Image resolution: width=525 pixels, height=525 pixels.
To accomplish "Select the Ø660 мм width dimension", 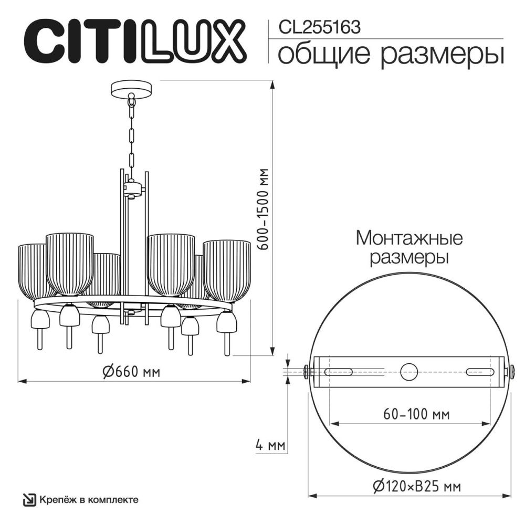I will pyautogui.click(x=131, y=372).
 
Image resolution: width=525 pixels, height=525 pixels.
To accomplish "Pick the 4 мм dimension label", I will pyautogui.click(x=269, y=446).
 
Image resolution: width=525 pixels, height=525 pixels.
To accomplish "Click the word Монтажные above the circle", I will pyautogui.click(x=409, y=239).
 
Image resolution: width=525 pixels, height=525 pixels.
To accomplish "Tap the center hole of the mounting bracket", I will pyautogui.click(x=409, y=371).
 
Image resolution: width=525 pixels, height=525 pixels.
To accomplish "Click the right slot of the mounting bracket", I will pyautogui.click(x=480, y=371).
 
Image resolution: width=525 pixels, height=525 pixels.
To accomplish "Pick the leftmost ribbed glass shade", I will pyautogui.click(x=34, y=268).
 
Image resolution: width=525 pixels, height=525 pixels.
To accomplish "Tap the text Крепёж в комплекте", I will pyautogui.click(x=89, y=499).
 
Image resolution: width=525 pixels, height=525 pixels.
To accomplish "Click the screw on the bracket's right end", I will pyautogui.click(x=509, y=371).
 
